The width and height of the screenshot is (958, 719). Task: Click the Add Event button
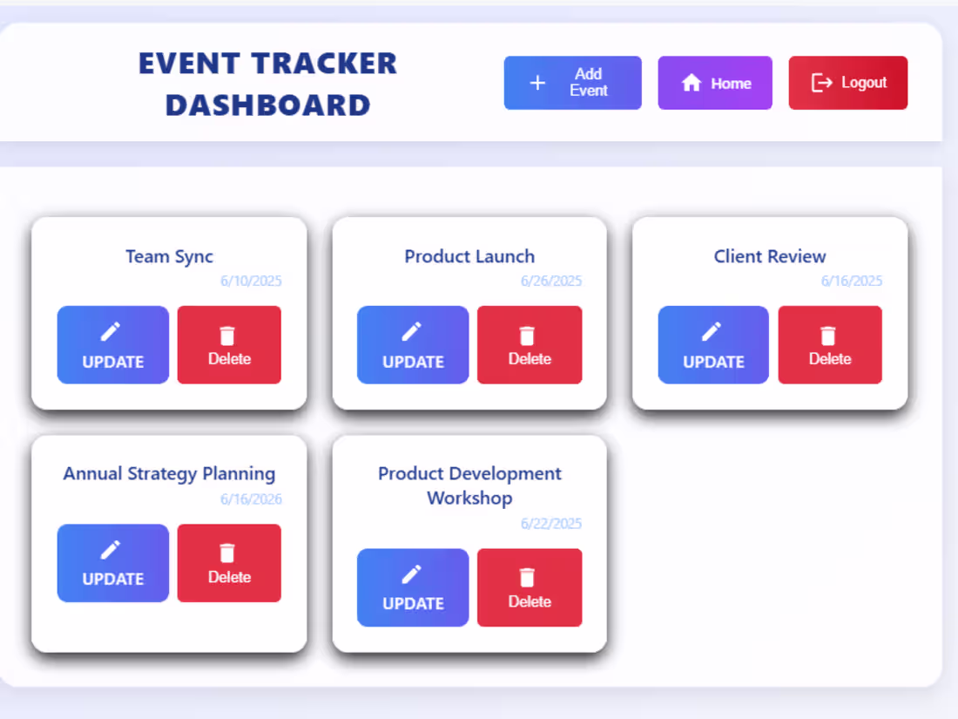coord(572,83)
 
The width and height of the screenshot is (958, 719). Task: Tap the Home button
coord(714,83)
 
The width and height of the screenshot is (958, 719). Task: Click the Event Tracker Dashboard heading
coord(267,84)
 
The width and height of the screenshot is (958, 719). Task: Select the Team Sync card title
coord(169,256)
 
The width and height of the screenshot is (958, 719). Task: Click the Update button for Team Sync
coord(113,345)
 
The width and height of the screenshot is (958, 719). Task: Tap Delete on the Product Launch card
coord(530,345)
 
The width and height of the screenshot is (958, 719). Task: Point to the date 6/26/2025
coord(551,281)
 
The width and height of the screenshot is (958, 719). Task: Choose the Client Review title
coord(770,256)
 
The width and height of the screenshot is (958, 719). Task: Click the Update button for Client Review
coord(713,345)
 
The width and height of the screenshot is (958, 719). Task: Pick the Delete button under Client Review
coord(830,345)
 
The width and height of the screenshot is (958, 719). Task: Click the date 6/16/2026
coord(251,499)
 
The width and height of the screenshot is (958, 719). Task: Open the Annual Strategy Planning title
coord(169,474)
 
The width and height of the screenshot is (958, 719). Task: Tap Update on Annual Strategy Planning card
coord(113,563)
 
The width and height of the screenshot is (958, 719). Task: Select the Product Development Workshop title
coord(469,485)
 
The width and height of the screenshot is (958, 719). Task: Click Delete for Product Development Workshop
coord(530,587)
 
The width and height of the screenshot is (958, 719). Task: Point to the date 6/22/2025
coord(551,524)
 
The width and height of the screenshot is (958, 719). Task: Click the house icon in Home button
coord(692,83)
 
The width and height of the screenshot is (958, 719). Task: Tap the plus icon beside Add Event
coord(537,83)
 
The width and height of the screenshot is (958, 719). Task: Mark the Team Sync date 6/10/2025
coord(251,281)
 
